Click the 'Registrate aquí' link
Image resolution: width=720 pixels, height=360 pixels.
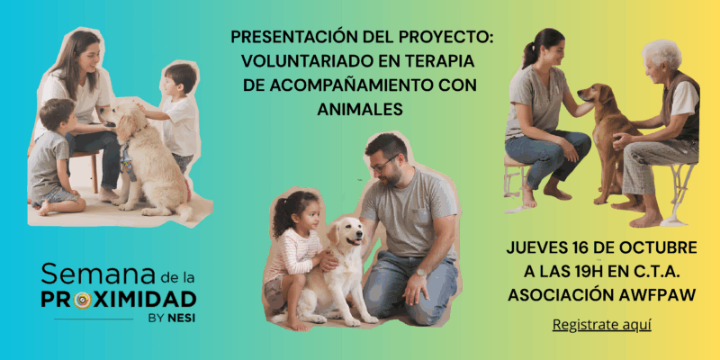pyautogui.click(x=601, y=325)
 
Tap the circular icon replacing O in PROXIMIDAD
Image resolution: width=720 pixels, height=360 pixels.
pyautogui.click(x=83, y=300)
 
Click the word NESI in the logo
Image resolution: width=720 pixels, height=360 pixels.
pyautogui.click(x=181, y=318)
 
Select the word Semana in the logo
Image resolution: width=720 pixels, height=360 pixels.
pyautogui.click(x=97, y=274)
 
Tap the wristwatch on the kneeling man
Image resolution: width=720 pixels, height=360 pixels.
pyautogui.click(x=420, y=273)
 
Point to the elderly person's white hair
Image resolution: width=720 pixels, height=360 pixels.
pyautogui.click(x=663, y=52)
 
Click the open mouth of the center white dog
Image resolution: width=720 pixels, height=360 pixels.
pyautogui.click(x=353, y=241)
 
